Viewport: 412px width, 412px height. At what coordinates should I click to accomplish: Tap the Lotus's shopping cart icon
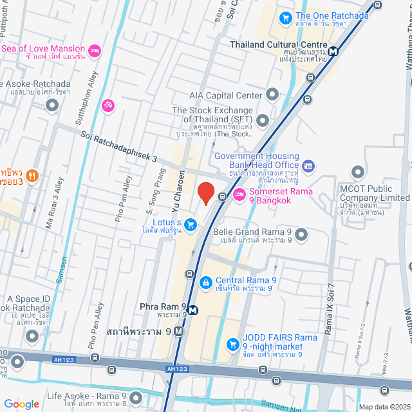click(x=190, y=224)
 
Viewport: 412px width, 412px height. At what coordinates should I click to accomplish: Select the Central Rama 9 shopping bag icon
click(x=205, y=281)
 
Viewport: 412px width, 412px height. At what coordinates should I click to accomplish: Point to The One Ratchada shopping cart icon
click(x=285, y=17)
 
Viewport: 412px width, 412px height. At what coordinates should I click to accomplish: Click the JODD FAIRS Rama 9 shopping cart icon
click(x=233, y=344)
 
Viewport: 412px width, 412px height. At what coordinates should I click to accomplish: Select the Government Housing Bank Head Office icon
click(x=308, y=166)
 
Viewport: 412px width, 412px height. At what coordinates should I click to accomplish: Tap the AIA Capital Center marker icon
click(x=272, y=95)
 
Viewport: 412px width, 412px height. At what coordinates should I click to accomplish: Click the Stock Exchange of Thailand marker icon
click(x=262, y=120)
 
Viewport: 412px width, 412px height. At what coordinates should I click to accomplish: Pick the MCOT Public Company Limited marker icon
click(x=358, y=173)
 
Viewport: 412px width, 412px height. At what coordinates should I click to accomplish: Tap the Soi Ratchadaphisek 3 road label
click(x=120, y=145)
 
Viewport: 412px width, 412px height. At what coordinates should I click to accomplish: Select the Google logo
click(x=22, y=404)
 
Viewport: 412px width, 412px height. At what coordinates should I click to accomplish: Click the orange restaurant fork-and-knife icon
click(x=33, y=174)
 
